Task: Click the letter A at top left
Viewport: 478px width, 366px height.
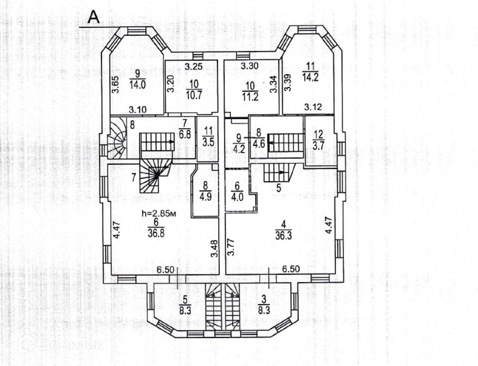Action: [x=94, y=17]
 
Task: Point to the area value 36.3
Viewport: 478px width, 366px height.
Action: [x=283, y=236]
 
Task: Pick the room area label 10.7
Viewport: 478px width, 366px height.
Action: [x=194, y=95]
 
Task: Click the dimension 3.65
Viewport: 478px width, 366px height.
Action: [x=116, y=85]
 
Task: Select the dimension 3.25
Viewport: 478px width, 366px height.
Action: [x=193, y=67]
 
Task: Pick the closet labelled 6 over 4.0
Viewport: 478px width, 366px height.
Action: [x=237, y=191]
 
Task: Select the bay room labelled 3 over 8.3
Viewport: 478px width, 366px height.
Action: [x=264, y=304]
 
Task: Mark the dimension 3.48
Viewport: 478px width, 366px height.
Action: [x=214, y=248]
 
